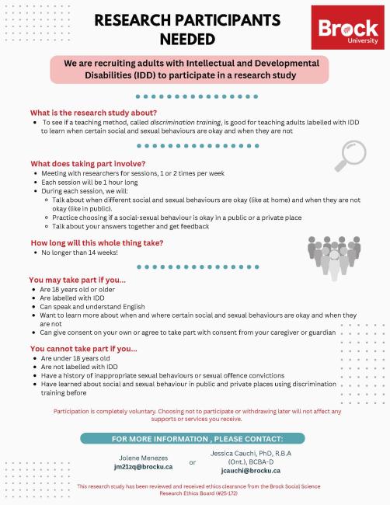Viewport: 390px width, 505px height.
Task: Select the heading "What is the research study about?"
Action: tap(85, 113)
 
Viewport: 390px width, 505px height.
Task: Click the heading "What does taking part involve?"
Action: tap(88, 163)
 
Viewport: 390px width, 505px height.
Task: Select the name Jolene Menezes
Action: tap(143, 457)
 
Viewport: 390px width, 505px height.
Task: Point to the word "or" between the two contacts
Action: tap(193, 463)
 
